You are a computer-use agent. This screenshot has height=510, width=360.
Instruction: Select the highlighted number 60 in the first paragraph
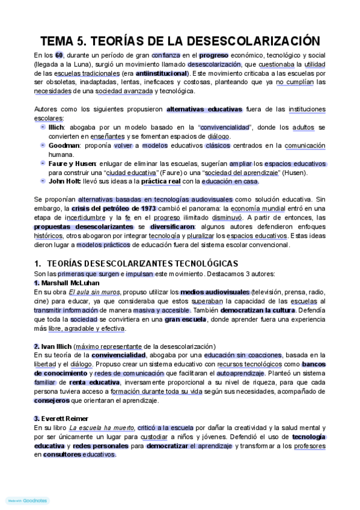tap(59, 56)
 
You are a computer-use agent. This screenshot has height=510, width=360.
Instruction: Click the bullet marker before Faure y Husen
tap(42, 163)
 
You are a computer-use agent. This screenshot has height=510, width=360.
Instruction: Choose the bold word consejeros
tap(52, 400)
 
